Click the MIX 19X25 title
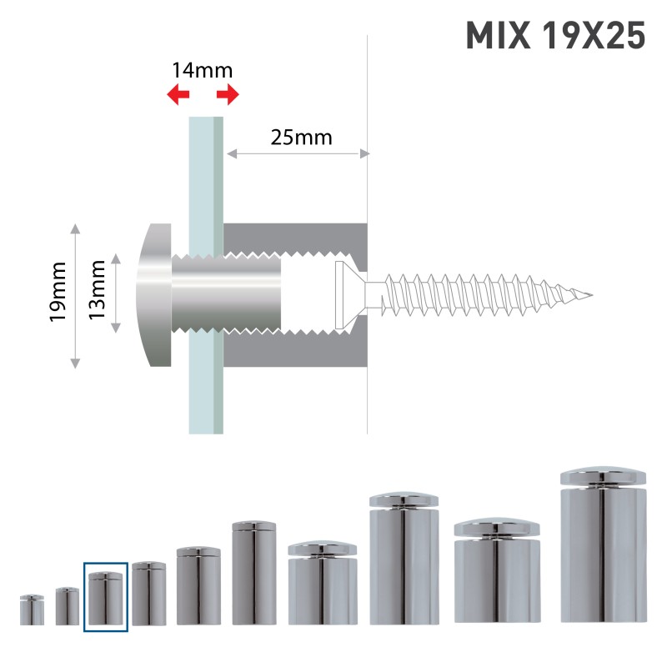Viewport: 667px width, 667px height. click(554, 36)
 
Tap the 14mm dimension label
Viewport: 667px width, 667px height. click(203, 70)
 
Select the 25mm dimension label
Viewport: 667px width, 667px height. click(301, 137)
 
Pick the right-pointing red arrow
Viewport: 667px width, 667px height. click(228, 94)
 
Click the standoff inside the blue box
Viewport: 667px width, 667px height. click(106, 599)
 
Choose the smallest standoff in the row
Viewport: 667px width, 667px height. click(32, 610)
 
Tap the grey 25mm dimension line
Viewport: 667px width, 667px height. click(297, 153)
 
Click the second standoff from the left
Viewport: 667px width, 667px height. click(68, 606)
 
